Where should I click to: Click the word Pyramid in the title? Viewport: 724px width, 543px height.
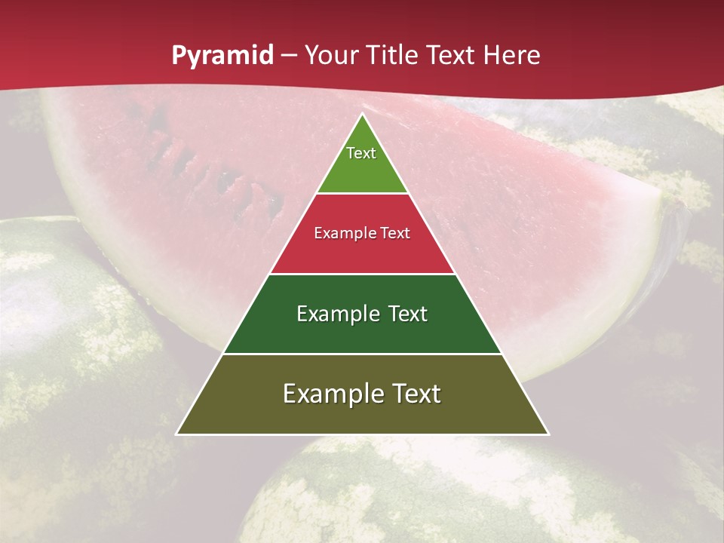pyautogui.click(x=222, y=56)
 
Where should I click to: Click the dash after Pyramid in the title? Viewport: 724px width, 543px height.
pyautogui.click(x=289, y=57)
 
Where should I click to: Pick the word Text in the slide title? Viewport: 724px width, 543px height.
pyautogui.click(x=452, y=56)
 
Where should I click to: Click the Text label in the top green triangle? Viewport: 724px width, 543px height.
pyautogui.click(x=361, y=153)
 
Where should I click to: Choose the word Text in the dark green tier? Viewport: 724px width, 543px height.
pyautogui.click(x=407, y=314)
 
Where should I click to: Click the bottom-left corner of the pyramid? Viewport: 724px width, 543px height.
pyautogui.click(x=177, y=434)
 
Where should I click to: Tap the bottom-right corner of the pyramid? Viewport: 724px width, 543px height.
pyautogui.click(x=548, y=434)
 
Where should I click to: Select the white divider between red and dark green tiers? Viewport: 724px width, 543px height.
pyautogui.click(x=362, y=274)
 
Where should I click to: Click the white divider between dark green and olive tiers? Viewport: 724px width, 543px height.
pyautogui.click(x=362, y=354)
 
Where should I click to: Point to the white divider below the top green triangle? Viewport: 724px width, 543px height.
pyautogui.click(x=362, y=194)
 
